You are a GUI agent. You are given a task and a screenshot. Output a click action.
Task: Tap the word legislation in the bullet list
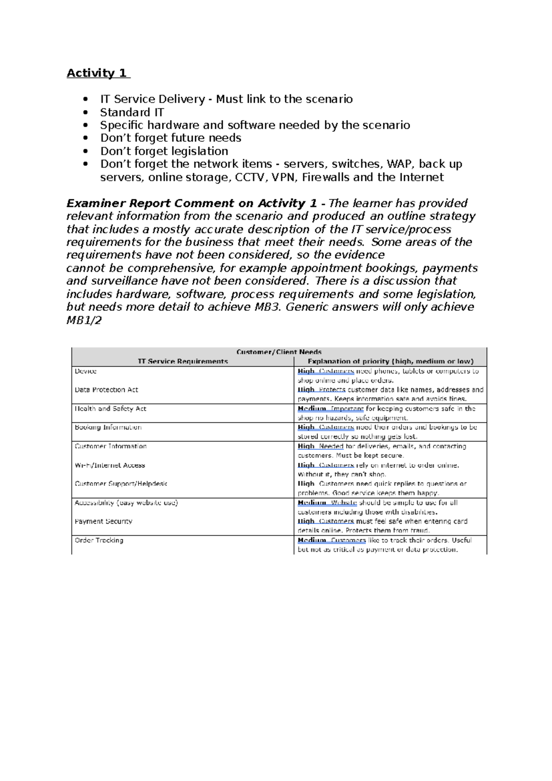click(200, 151)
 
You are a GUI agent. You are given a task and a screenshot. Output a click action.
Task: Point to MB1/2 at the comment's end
click(84, 321)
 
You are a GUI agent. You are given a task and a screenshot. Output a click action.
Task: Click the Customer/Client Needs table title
click(279, 352)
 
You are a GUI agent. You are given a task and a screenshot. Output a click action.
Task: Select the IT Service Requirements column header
click(183, 361)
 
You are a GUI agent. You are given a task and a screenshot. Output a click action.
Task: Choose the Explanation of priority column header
click(390, 361)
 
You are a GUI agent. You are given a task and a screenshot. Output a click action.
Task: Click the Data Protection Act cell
click(106, 390)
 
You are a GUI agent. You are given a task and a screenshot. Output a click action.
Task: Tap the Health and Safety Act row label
click(110, 408)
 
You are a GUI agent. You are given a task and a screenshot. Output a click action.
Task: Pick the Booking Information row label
click(108, 427)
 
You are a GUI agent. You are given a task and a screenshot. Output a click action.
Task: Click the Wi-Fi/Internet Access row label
click(109, 465)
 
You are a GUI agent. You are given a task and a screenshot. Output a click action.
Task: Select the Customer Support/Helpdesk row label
click(121, 484)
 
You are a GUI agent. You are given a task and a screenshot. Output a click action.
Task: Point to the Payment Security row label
click(103, 521)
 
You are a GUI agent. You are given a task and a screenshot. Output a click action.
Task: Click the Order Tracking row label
click(99, 540)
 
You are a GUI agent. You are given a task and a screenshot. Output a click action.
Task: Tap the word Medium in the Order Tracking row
click(311, 540)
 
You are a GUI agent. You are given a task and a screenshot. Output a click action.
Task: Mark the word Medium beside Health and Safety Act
click(311, 408)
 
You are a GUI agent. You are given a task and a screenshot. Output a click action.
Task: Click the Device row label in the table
click(86, 371)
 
